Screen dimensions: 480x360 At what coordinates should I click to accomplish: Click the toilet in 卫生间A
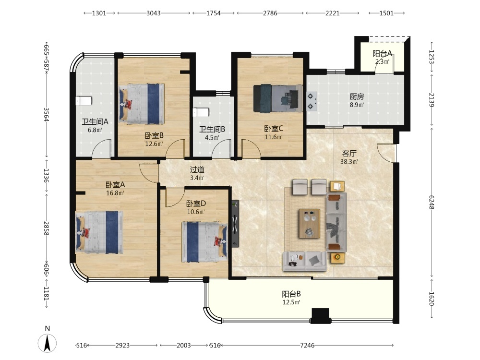84,101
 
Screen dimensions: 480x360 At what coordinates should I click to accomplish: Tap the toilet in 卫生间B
201,112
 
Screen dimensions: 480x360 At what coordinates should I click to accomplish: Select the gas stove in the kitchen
312,101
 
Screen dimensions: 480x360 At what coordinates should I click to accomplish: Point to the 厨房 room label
357,97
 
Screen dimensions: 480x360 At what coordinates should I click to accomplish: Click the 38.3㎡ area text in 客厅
349,161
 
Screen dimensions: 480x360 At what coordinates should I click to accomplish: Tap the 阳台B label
291,294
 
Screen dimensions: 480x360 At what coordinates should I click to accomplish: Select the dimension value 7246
307,345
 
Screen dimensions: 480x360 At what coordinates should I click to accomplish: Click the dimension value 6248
431,203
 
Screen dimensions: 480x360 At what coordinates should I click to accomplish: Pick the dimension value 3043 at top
154,13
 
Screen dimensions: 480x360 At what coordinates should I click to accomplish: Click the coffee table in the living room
310,224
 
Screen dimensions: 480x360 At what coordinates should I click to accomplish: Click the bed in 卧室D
204,242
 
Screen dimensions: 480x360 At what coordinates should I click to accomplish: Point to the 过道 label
197,169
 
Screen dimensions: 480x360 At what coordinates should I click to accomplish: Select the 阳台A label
383,54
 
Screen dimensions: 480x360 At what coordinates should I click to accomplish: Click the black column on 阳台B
320,316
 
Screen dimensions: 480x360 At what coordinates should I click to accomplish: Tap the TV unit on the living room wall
235,224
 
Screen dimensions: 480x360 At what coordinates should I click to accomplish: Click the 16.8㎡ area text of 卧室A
115,193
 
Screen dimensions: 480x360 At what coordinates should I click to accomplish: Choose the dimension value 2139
431,100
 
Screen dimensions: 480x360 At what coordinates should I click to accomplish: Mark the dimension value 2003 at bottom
184,345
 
